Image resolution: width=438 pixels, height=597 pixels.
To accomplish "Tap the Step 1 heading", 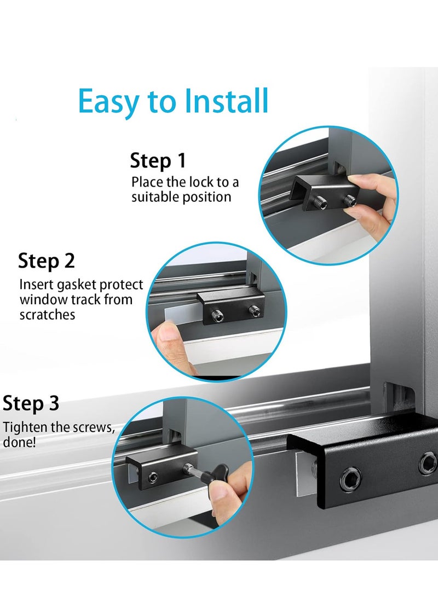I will pyautogui.click(x=158, y=161).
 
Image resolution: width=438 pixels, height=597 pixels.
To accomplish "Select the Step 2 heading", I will pyautogui.click(x=47, y=260).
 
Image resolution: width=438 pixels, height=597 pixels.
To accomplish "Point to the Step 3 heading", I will pyautogui.click(x=31, y=404).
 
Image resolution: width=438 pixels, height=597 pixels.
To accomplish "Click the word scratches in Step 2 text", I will pyautogui.click(x=47, y=315).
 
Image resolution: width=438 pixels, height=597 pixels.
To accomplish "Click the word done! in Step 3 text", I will pyautogui.click(x=20, y=442).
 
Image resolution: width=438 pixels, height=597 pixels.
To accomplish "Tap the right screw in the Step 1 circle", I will pyautogui.click(x=348, y=202).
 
